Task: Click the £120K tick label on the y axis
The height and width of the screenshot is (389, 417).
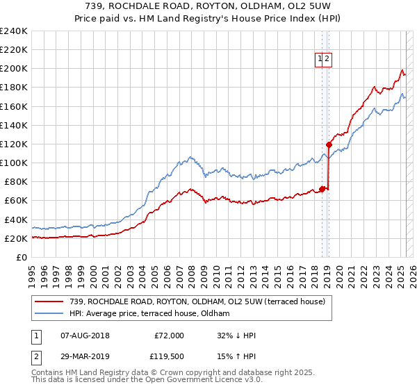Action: pyautogui.click(x=13, y=144)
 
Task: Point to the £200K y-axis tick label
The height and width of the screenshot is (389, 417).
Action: pyautogui.click(x=13, y=69)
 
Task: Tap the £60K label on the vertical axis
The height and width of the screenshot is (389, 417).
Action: pyautogui.click(x=15, y=200)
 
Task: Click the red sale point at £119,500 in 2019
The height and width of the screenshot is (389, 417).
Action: pyautogui.click(x=329, y=144)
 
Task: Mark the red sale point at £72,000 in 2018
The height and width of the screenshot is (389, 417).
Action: pyautogui.click(x=322, y=188)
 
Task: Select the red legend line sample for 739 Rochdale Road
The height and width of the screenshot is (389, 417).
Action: pyautogui.click(x=49, y=301)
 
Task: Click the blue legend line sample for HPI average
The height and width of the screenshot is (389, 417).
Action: pyautogui.click(x=49, y=313)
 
